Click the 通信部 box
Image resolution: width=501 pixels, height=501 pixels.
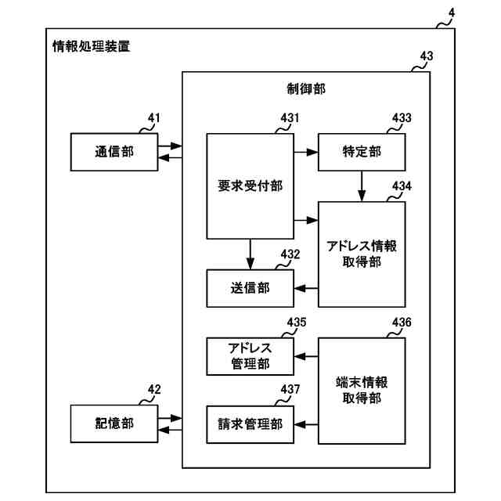click(114, 152)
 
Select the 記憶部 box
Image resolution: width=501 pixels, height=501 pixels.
click(114, 424)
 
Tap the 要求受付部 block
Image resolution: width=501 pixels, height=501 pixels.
click(250, 186)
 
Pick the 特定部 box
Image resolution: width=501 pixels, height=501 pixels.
click(362, 152)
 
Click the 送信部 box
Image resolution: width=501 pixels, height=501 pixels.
click(250, 289)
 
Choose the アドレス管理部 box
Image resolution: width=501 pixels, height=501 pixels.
click(250, 356)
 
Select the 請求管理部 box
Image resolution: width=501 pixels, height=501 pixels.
click(250, 424)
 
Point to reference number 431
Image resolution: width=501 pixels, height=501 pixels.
click(290, 118)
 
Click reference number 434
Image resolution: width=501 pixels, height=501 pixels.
click(402, 186)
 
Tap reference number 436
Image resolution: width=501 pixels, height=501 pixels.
click(402, 322)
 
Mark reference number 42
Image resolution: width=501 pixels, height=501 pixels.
click(154, 390)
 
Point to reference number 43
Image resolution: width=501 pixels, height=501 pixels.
click(427, 56)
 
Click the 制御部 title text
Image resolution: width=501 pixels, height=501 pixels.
click(306, 88)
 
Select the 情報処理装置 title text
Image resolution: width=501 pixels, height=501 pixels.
click(92, 46)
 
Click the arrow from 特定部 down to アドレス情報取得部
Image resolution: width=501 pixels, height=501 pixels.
click(362, 186)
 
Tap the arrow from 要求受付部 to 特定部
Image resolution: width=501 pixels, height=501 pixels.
click(306, 152)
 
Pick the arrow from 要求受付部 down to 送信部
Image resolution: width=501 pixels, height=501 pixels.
click(250, 254)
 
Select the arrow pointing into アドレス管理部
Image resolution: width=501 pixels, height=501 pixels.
click(306, 356)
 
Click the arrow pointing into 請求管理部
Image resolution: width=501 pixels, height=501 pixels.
click(306, 424)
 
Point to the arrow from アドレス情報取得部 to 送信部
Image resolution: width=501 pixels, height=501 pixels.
click(306, 289)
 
